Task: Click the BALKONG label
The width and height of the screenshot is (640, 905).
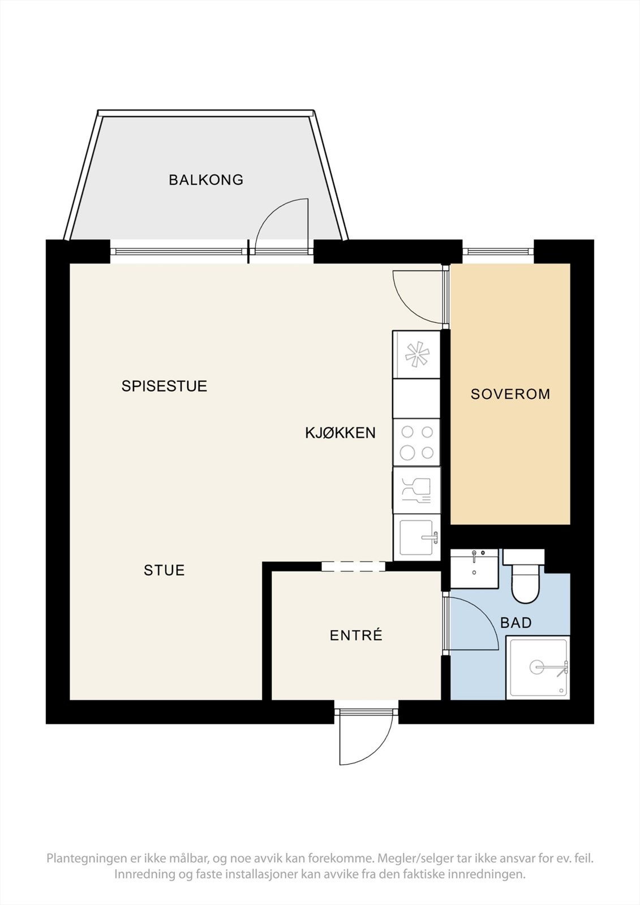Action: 206,180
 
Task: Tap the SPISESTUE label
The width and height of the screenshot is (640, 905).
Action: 164,386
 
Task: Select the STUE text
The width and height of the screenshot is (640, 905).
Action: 164,570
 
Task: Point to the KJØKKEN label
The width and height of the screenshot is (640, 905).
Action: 340,433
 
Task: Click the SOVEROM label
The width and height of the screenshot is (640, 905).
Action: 510,394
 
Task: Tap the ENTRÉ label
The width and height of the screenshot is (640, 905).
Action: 356,636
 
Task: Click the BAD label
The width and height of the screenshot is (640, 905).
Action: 516,623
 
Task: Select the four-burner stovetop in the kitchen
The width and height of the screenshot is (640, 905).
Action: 416,442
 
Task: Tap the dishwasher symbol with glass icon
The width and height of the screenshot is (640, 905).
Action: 416,490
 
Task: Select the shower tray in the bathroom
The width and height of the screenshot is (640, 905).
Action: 537,667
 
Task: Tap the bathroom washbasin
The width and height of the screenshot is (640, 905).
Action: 474,568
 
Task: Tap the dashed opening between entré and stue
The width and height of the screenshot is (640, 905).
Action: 353,566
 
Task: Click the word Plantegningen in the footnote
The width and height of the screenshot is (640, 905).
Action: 88,859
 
